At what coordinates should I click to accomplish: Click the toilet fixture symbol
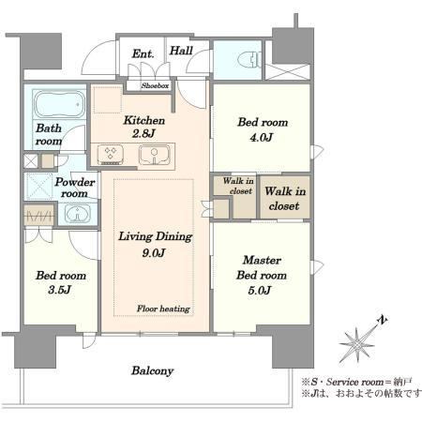[x=249, y=59]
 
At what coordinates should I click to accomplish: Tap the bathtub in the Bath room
[x=59, y=104]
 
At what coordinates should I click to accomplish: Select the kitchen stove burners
[x=110, y=154]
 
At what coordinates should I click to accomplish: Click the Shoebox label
[x=155, y=85]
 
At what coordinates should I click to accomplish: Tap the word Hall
[x=181, y=51]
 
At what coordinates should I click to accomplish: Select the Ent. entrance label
[x=143, y=53]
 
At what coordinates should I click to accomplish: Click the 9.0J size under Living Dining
[x=154, y=252]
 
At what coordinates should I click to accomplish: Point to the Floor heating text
[x=163, y=309]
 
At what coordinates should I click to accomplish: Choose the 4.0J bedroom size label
[x=262, y=137]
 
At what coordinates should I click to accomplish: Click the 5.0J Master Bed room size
[x=260, y=291]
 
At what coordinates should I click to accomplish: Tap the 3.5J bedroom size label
[x=60, y=290]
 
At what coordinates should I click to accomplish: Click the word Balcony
[x=153, y=370]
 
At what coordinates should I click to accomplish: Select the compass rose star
[x=356, y=345]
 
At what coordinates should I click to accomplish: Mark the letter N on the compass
[x=382, y=320]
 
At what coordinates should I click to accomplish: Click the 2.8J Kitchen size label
[x=143, y=134]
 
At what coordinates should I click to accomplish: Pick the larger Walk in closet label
[x=285, y=199]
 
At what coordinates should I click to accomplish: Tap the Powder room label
[x=75, y=188]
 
